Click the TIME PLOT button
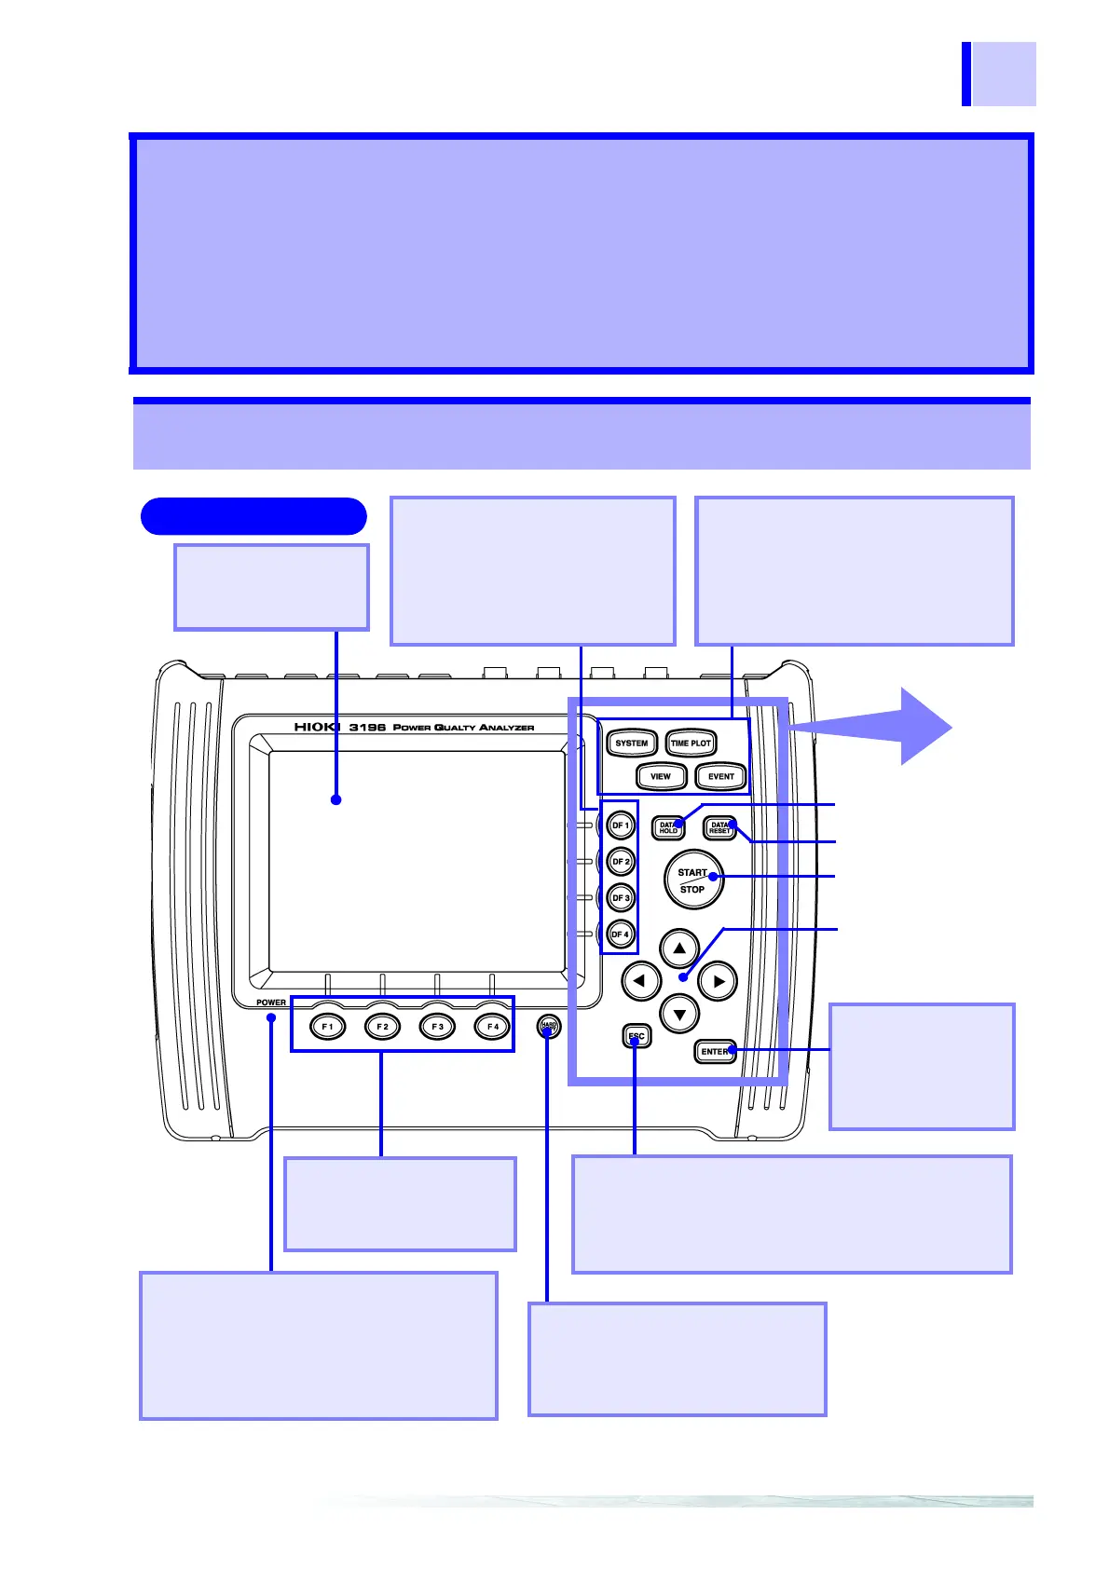point(691,744)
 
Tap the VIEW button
point(661,776)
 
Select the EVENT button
point(720,776)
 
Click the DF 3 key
point(621,898)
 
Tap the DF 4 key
point(621,935)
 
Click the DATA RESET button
point(719,827)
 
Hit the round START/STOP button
point(693,880)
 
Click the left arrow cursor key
point(641,981)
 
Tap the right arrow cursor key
point(718,981)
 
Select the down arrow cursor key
point(679,1015)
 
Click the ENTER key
point(715,1052)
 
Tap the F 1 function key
point(327,1027)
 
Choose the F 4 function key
point(492,1027)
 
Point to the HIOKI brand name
point(318,727)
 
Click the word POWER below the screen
point(271,1003)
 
